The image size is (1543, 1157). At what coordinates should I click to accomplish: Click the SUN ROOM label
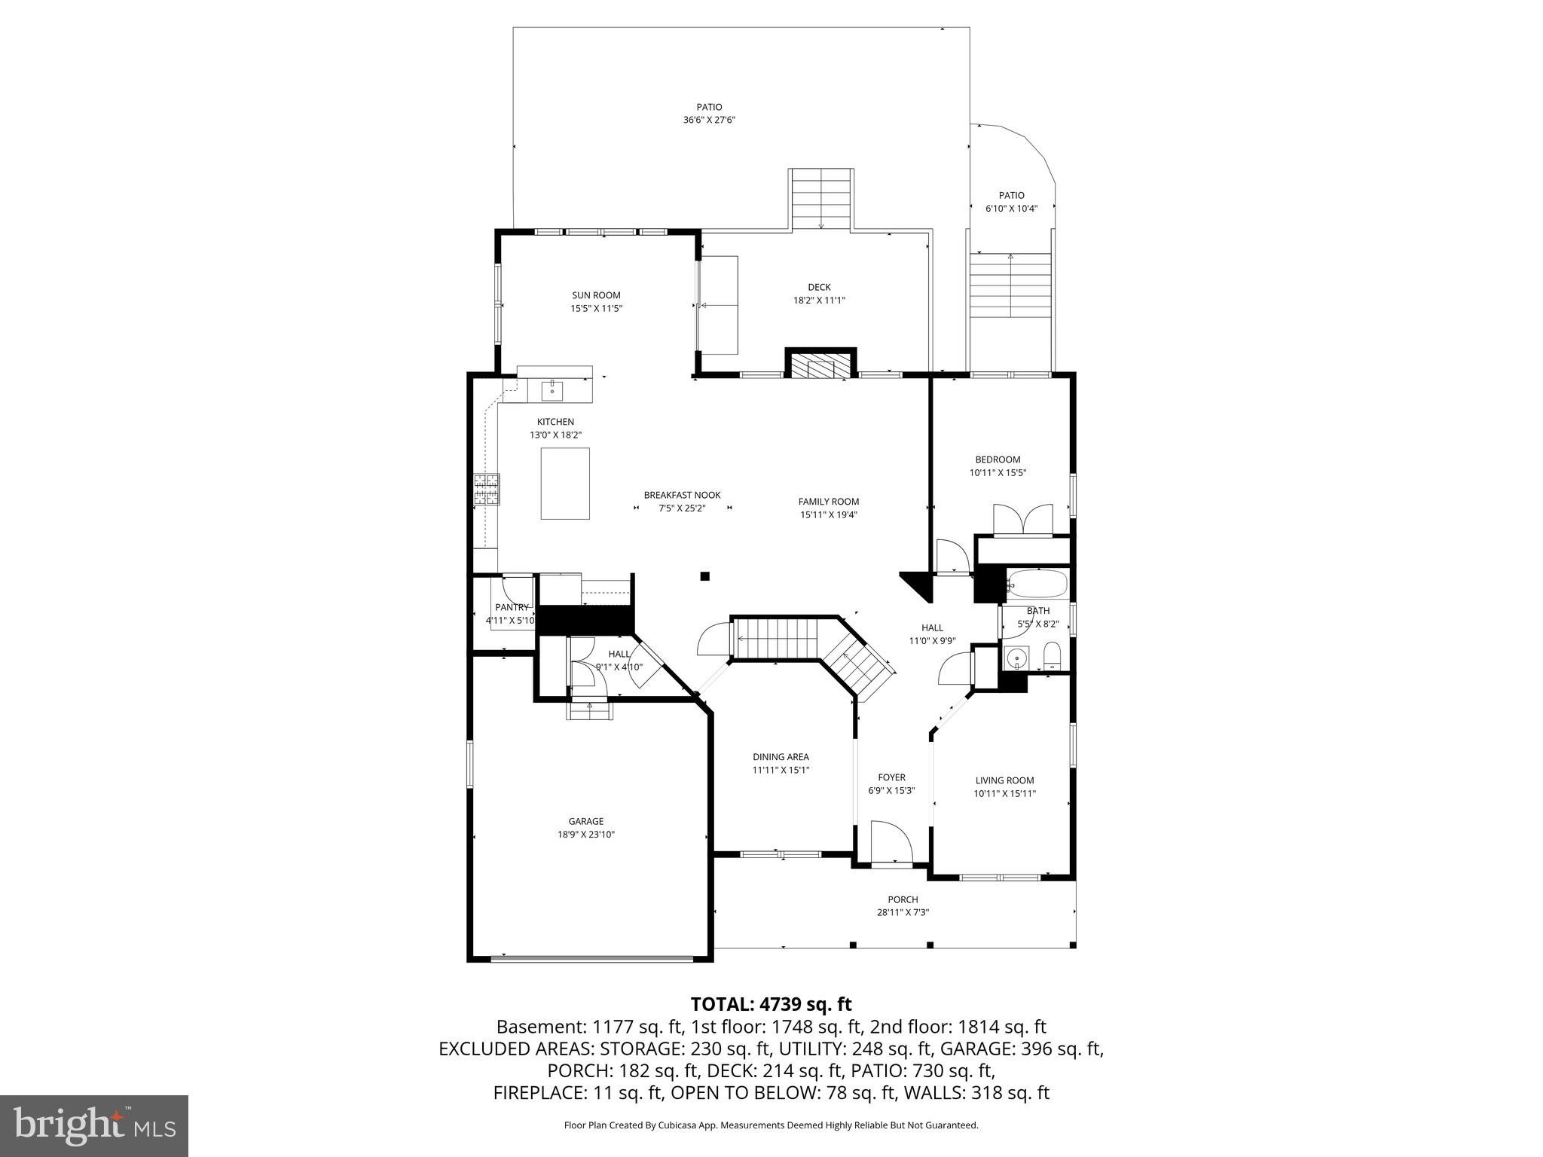click(596, 295)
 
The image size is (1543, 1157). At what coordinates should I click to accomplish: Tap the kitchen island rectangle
click(565, 484)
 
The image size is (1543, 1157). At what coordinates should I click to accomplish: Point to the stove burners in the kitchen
click(486, 489)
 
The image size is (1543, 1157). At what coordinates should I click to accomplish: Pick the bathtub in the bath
click(1037, 584)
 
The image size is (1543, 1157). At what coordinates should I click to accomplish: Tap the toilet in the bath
click(1052, 655)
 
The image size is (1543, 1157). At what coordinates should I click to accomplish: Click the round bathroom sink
click(1017, 657)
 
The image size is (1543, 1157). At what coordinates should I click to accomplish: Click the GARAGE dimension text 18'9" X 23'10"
click(585, 835)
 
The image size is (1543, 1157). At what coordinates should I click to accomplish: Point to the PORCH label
click(903, 899)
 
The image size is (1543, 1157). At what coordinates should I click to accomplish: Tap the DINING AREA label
click(781, 757)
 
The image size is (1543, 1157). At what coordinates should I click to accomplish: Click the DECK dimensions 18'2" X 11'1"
click(819, 300)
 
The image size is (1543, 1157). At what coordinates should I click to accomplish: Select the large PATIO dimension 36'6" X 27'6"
click(709, 120)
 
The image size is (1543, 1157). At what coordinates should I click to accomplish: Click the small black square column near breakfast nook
click(705, 576)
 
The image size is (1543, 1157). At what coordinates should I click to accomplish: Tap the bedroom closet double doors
click(1022, 520)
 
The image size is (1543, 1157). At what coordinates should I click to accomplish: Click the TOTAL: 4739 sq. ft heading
click(771, 1004)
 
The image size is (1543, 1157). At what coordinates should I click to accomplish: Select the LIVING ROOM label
click(1004, 780)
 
